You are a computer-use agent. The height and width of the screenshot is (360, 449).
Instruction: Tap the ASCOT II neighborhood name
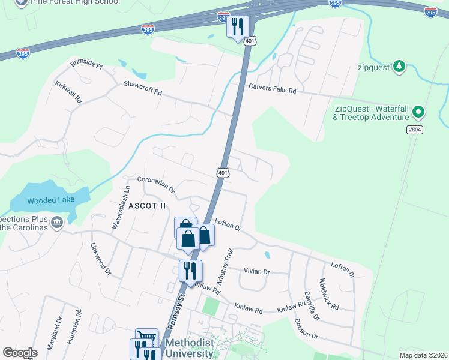tap(146, 206)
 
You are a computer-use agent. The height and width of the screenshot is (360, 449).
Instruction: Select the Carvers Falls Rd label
tap(273, 89)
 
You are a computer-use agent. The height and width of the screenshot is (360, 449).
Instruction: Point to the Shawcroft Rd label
tap(143, 88)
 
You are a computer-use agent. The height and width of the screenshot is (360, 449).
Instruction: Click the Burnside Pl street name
tap(86, 65)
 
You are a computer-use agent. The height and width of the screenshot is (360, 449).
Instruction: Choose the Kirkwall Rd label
tap(68, 92)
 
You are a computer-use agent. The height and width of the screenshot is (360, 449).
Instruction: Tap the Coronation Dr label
tap(155, 184)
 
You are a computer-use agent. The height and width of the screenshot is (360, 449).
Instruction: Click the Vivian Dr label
tap(257, 271)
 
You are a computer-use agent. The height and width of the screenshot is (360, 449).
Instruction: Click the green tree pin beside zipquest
tap(399, 66)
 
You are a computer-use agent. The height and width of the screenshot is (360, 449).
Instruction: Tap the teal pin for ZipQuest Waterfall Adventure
tap(419, 111)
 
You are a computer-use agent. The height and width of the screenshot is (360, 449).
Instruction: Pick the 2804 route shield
tap(415, 130)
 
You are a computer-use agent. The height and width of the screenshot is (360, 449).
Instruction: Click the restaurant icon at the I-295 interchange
tap(238, 26)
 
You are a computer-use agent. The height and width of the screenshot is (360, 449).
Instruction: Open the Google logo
tap(20, 353)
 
